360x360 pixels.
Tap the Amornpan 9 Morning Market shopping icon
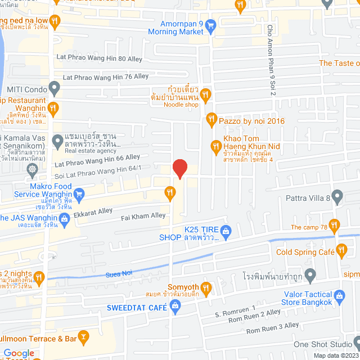click(211, 25)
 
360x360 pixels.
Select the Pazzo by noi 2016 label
click(251, 121)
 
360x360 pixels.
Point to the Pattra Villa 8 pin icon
click(337, 197)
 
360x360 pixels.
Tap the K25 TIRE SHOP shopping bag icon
click(226, 230)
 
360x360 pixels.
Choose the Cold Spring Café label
click(305, 252)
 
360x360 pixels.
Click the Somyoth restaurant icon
click(206, 289)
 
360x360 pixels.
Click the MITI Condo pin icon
click(54, 88)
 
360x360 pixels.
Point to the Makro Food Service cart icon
click(79, 195)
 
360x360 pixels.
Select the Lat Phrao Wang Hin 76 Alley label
click(106, 76)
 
